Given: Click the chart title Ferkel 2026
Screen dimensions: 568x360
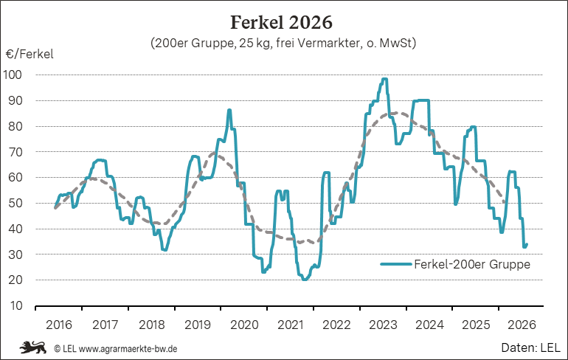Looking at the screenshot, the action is click(x=282, y=22).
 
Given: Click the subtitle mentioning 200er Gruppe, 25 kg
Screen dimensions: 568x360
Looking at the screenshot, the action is click(x=283, y=43).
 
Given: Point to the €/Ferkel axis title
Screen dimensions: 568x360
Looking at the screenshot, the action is click(x=30, y=55).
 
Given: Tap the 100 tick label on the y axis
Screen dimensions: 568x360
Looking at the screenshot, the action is click(x=13, y=75).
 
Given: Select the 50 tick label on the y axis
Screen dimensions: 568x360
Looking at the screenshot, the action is click(x=15, y=203).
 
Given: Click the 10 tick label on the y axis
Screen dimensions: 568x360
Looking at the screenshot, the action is click(x=16, y=305).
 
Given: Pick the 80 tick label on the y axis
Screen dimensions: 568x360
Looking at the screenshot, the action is click(x=15, y=126).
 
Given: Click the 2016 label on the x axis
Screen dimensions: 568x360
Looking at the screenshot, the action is click(x=59, y=325).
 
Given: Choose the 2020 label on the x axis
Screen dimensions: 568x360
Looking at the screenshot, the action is click(x=244, y=325).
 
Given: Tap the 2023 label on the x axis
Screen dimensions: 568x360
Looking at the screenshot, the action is click(x=383, y=325).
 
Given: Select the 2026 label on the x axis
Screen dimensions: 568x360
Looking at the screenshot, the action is click(x=522, y=325).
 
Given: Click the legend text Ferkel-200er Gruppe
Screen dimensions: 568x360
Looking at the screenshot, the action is click(x=472, y=264).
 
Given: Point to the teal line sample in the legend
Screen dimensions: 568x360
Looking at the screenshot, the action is click(x=396, y=264).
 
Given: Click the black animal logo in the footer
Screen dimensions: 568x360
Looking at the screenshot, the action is click(x=33, y=347).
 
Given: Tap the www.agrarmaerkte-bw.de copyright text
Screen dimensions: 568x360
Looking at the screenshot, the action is click(x=116, y=349).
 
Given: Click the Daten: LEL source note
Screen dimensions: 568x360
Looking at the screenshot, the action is click(x=530, y=347).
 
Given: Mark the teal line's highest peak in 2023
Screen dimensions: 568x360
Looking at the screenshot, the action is click(x=385, y=79).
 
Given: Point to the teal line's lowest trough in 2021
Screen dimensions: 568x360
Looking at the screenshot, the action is click(x=304, y=280).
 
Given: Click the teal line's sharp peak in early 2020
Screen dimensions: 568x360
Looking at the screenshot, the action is click(x=229, y=110).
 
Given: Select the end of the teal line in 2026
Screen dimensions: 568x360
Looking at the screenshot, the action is click(x=527, y=244).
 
